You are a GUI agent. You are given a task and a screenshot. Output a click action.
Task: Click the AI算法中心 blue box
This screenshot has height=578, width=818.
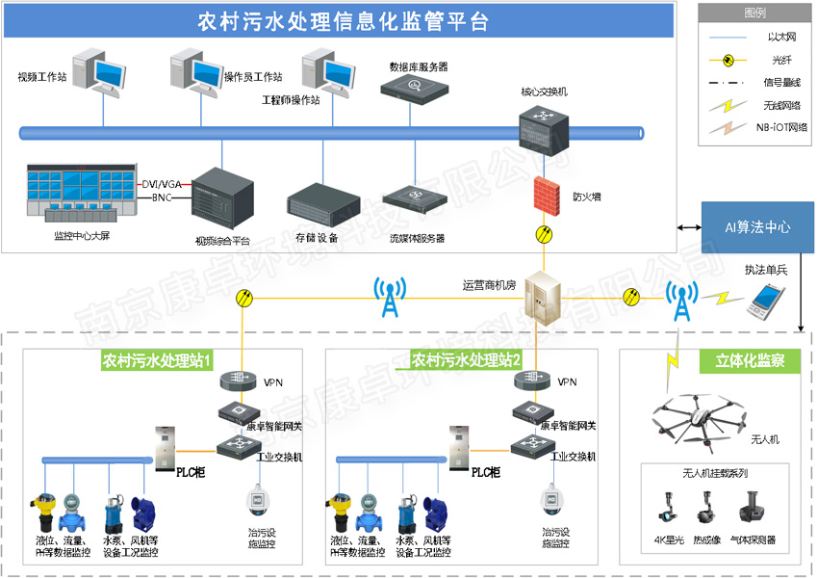point(757,227)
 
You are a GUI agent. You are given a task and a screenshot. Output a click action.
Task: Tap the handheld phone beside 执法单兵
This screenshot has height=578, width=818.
point(767,301)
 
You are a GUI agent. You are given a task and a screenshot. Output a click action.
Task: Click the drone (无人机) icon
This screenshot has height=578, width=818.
point(699,414)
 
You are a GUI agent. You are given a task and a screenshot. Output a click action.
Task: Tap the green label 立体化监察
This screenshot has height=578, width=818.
point(750,360)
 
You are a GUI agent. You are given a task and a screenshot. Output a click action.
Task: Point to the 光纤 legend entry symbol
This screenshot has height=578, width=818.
point(729,60)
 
